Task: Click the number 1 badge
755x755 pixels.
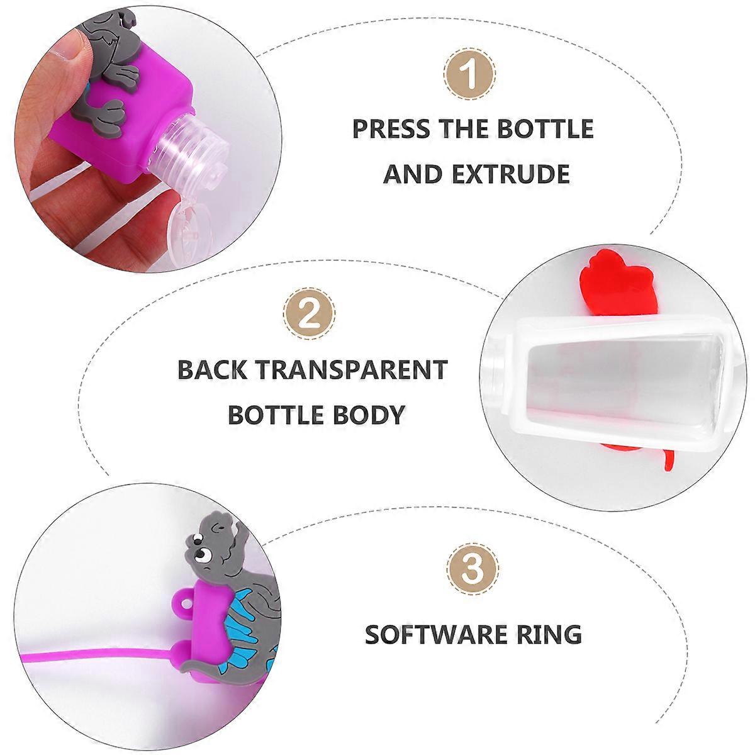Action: coord(470,74)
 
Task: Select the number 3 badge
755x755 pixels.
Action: coord(473,569)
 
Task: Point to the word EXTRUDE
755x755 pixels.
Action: coord(511,174)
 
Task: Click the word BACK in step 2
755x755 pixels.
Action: coord(212,369)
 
